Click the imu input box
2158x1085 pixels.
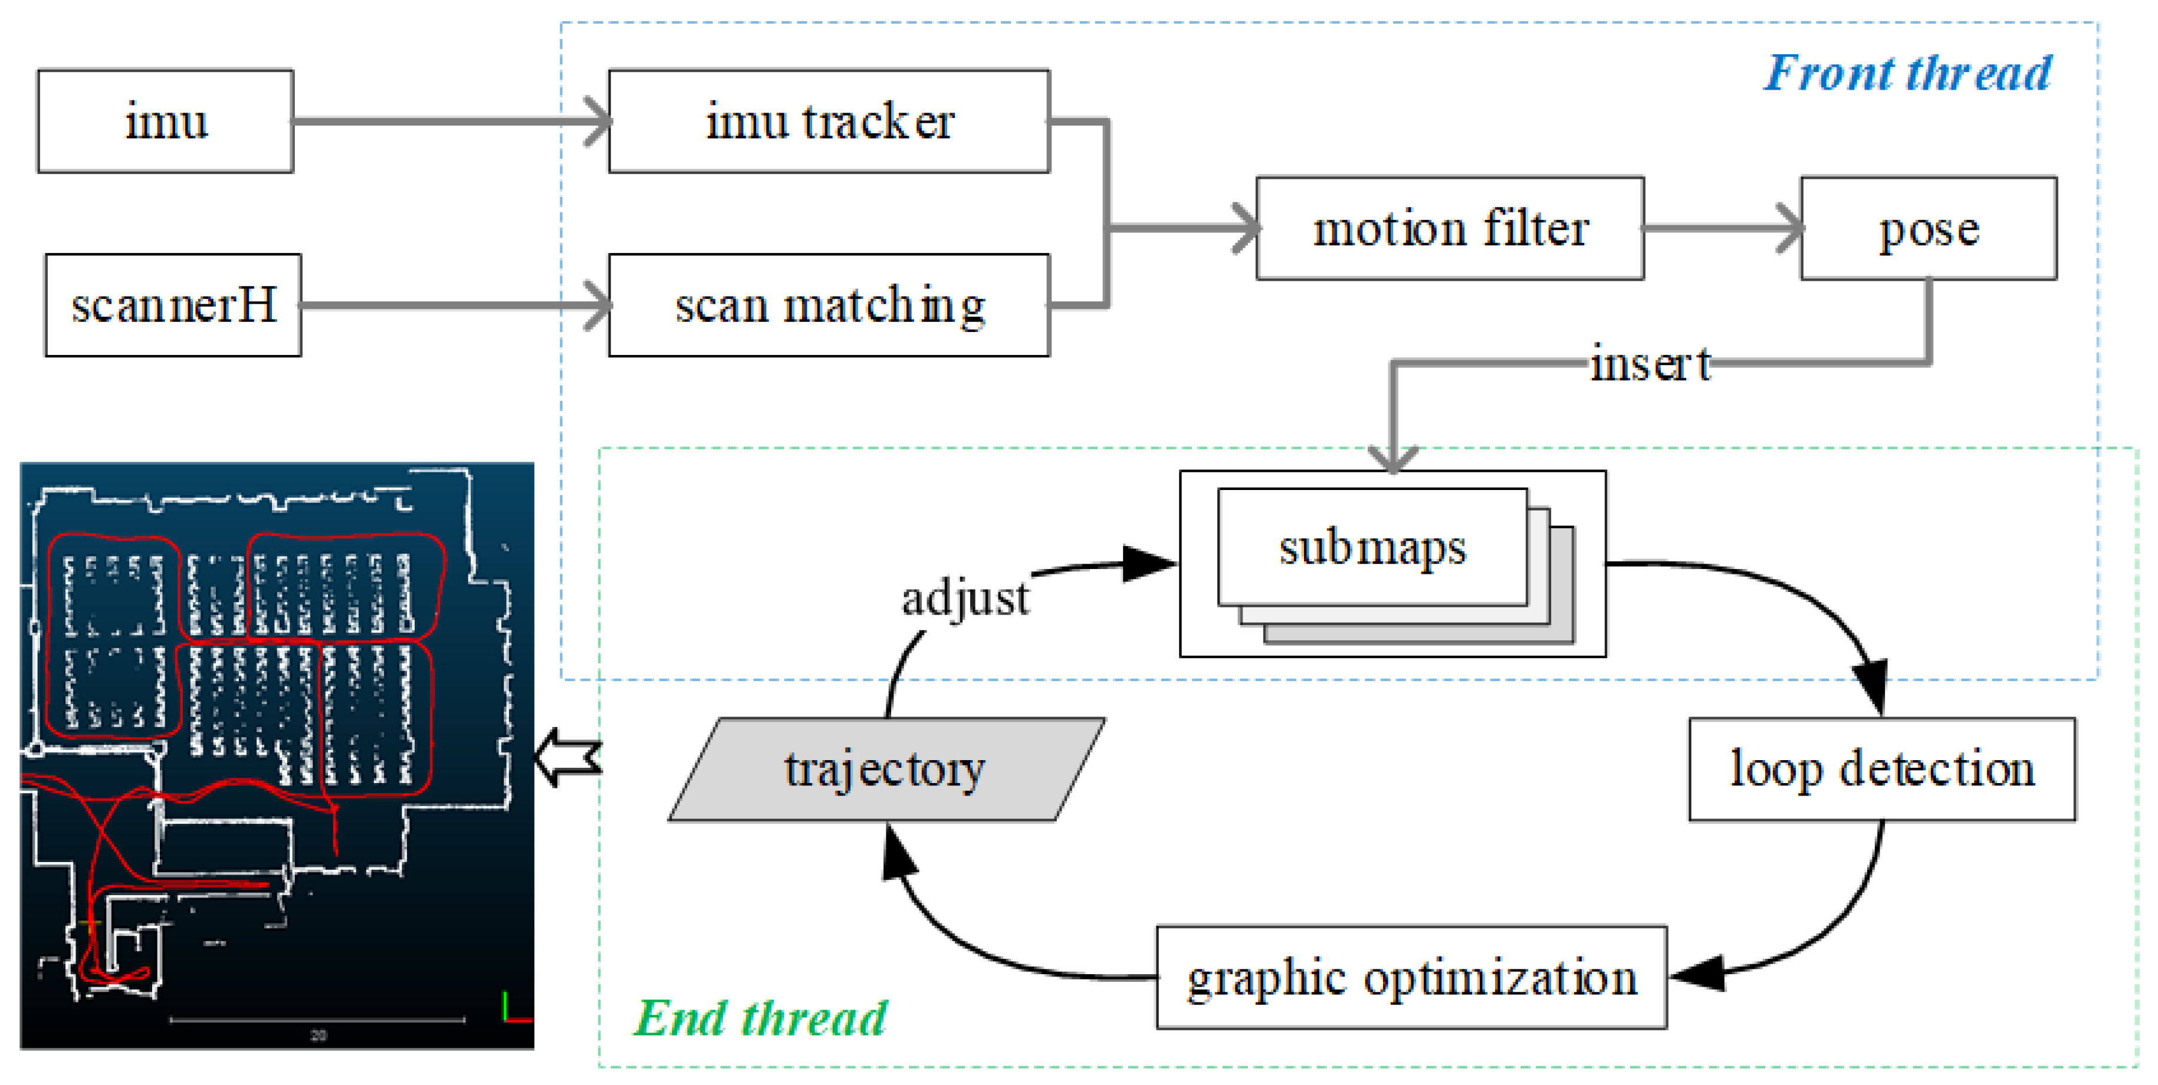click(165, 121)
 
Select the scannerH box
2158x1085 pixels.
click(173, 305)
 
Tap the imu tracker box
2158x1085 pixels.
click(829, 121)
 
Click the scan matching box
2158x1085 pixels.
click(829, 305)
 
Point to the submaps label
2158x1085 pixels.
click(1372, 548)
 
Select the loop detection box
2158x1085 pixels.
click(1881, 768)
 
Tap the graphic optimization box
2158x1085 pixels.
click(1411, 977)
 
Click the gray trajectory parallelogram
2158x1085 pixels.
click(885, 768)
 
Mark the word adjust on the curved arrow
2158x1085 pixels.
click(964, 598)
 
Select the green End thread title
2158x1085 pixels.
click(759, 1018)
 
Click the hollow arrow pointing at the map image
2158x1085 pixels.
click(568, 757)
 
